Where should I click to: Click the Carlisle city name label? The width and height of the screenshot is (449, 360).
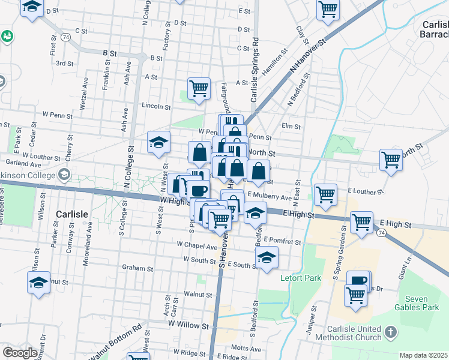click(x=72, y=214)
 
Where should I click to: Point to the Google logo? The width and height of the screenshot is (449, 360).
click(x=20, y=353)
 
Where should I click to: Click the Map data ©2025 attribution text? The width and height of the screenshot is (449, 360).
click(x=424, y=355)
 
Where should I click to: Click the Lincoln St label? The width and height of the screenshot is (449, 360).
click(x=156, y=106)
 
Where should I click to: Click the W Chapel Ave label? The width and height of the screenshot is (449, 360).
click(x=196, y=246)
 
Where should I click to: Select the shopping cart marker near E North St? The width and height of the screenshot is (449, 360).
click(x=391, y=160)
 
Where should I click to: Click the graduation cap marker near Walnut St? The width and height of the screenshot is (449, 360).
click(x=38, y=282)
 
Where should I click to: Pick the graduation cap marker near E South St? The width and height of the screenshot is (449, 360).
click(x=267, y=258)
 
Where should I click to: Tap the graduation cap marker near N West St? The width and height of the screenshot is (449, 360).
click(x=158, y=143)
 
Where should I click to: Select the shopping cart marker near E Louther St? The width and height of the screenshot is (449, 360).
click(x=325, y=194)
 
